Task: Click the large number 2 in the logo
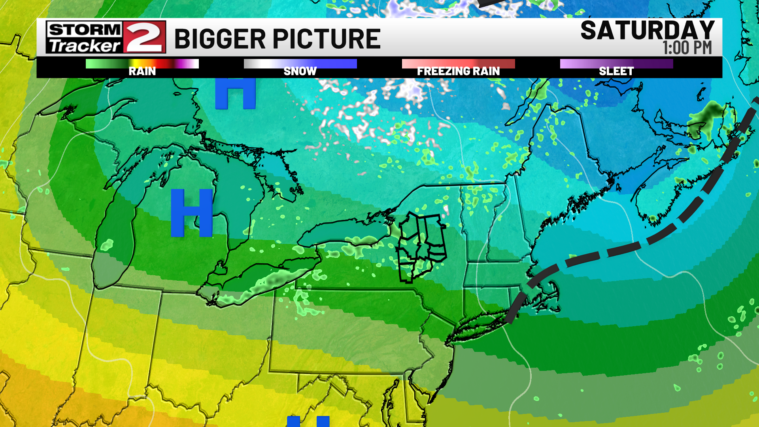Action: click(144, 37)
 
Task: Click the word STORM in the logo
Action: click(85, 30)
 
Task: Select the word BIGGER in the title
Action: click(220, 39)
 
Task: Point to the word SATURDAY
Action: click(647, 30)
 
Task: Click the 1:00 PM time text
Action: click(687, 48)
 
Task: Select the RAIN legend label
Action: click(142, 72)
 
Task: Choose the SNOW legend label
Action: click(300, 72)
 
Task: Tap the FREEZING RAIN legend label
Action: click(458, 72)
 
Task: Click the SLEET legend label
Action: click(616, 72)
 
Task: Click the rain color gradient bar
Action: click(142, 64)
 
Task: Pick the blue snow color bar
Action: click(300, 64)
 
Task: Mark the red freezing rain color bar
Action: click(458, 64)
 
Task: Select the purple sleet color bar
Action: click(616, 64)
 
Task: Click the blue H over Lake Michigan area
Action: click(192, 213)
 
